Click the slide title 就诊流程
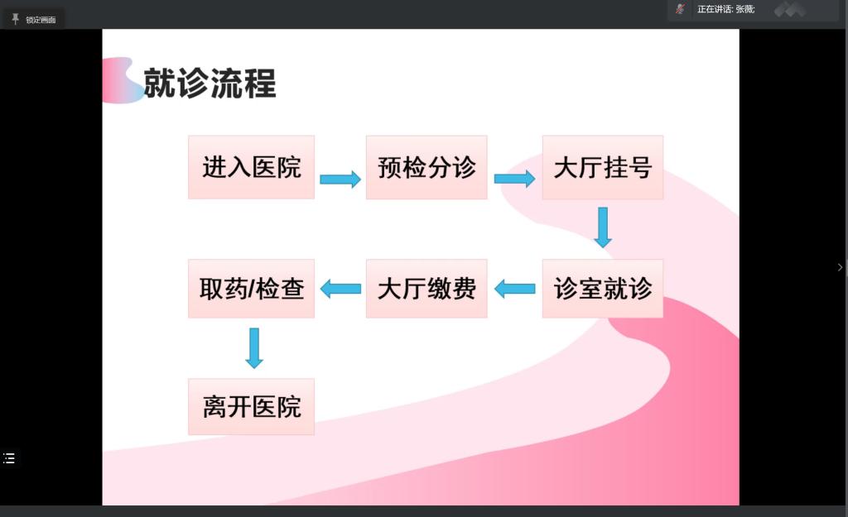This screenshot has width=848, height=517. pyautogui.click(x=210, y=84)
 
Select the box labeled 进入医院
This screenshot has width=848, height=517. pyautogui.click(x=251, y=167)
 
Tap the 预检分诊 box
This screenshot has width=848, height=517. pyautogui.click(x=426, y=167)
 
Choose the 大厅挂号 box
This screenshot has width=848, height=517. pyautogui.click(x=603, y=167)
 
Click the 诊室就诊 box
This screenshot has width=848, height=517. pyautogui.click(x=603, y=289)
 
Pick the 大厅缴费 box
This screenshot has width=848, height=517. pyautogui.click(x=426, y=289)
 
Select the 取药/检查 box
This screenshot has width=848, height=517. pyautogui.click(x=251, y=289)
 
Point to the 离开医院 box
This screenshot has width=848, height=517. pyautogui.click(x=251, y=406)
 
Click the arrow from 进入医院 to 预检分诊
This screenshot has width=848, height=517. pyautogui.click(x=340, y=179)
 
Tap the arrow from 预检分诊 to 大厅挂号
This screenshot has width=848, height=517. pyautogui.click(x=514, y=179)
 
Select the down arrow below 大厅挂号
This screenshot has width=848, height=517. pyautogui.click(x=603, y=227)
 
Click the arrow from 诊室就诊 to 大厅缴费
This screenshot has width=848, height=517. pyautogui.click(x=515, y=289)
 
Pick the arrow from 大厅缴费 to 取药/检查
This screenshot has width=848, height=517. pyautogui.click(x=340, y=289)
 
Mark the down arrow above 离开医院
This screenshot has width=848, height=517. pyautogui.click(x=254, y=348)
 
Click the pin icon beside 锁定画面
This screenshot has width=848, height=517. pyautogui.click(x=15, y=20)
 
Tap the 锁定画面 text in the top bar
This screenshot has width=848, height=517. pyautogui.click(x=41, y=20)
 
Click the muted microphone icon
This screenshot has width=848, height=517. pyautogui.click(x=680, y=8)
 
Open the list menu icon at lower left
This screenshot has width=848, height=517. pyautogui.click(x=9, y=458)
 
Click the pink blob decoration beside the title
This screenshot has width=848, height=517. pyautogui.click(x=123, y=80)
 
